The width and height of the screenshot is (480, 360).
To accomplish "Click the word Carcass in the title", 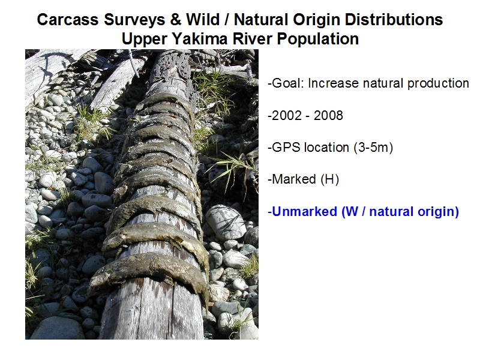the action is (x=68, y=20).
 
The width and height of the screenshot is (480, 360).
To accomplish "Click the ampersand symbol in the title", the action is (x=176, y=20).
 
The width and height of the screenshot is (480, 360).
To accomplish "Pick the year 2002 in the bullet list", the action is (x=285, y=116).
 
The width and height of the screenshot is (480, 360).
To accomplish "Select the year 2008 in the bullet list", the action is (x=328, y=116).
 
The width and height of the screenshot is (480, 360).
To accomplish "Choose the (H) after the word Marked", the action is (x=329, y=179).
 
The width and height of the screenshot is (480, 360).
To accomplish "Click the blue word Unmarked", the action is (x=304, y=212).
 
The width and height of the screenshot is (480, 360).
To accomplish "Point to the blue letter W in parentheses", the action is (x=352, y=212).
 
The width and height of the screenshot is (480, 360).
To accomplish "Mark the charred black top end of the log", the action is (x=172, y=65).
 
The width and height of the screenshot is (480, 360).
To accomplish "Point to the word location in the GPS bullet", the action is (x=326, y=148).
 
